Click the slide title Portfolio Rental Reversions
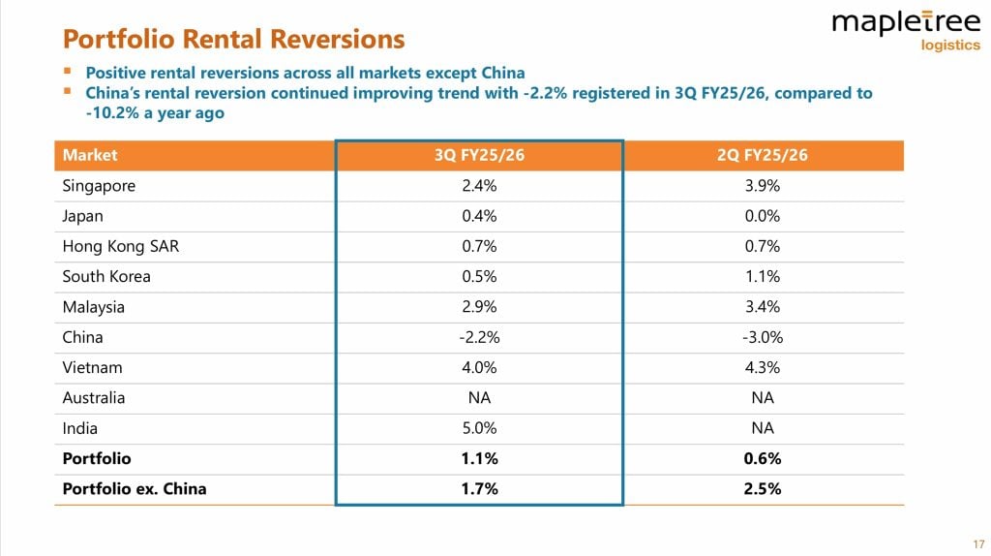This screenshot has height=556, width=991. click(233, 39)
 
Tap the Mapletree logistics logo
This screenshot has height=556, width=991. click(906, 29)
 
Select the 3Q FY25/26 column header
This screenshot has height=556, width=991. click(479, 155)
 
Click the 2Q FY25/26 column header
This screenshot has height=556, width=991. click(761, 155)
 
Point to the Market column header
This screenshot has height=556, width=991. click(90, 155)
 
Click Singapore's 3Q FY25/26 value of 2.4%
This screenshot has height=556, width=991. click(479, 186)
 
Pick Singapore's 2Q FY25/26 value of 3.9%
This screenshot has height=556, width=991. click(761, 186)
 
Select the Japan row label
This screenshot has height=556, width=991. click(82, 216)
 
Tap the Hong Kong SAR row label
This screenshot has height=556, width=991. click(120, 246)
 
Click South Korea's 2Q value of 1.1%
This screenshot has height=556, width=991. click(761, 276)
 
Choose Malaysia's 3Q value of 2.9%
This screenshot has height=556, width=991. click(479, 307)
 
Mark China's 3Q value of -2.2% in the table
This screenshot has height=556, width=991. click(479, 337)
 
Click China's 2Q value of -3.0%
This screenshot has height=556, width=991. click(761, 337)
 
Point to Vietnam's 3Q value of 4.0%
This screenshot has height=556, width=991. click(479, 368)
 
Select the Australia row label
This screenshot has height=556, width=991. click(93, 398)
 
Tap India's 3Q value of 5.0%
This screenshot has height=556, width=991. click(479, 428)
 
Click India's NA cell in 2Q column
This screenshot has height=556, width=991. click(761, 428)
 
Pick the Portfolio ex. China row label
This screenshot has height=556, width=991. click(134, 489)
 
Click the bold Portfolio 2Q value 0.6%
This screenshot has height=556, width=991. click(761, 458)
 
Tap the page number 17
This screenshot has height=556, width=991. click(978, 542)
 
